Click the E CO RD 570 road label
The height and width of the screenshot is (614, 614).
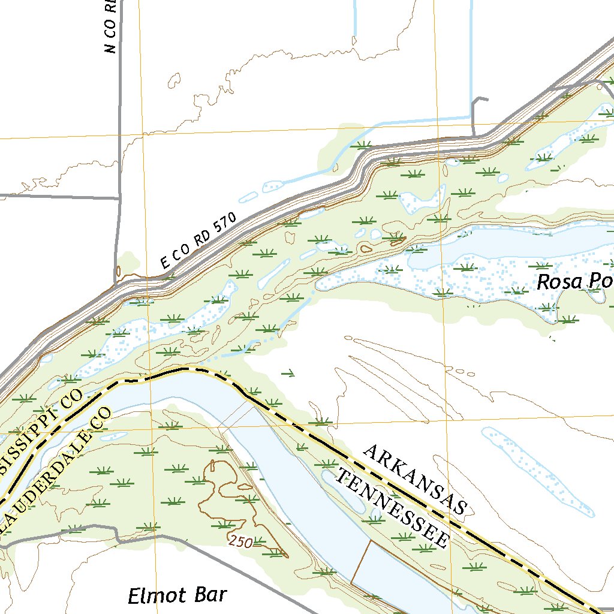tap(199, 241)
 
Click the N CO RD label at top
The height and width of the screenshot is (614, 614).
tap(110, 27)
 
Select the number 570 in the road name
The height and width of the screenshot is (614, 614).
tap(225, 223)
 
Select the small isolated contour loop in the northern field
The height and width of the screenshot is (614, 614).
tap(174, 79)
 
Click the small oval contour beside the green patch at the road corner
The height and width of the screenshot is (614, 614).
tap(118, 271)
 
